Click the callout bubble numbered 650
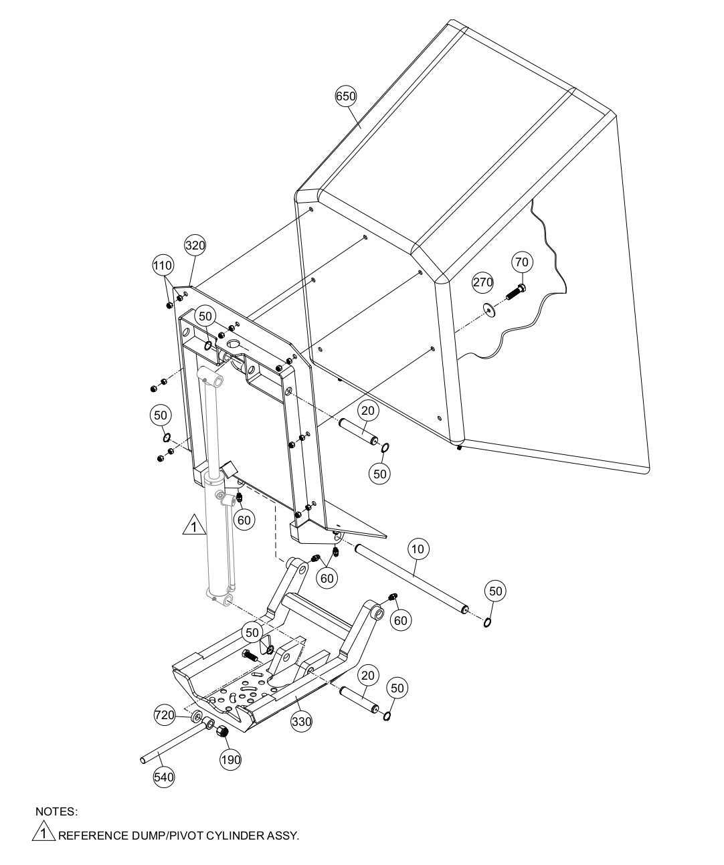pos(346,96)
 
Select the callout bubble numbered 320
pos(195,245)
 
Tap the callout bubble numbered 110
pos(162,265)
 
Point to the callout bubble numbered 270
pos(483,282)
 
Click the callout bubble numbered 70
pos(522,262)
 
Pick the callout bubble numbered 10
pos(418,549)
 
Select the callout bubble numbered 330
pos(302,722)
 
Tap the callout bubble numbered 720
pos(165,714)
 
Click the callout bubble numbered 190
pos(231,759)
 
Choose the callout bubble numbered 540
pos(164,777)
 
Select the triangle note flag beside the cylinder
pos(193,526)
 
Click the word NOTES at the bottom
pos(56,811)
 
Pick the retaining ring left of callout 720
pos(197,718)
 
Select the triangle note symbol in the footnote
pos(43,834)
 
